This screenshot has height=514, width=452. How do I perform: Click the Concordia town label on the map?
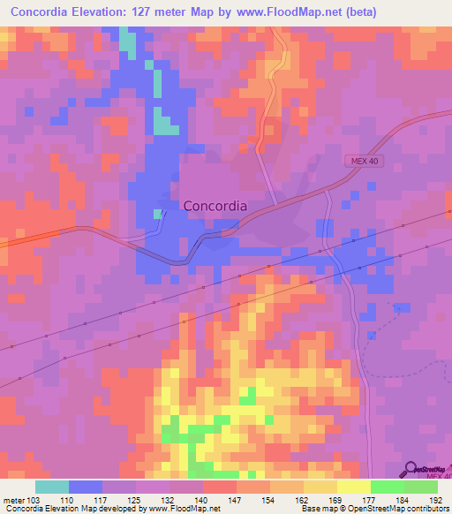pos(215,206)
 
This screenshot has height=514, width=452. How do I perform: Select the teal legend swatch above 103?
pos(52,487)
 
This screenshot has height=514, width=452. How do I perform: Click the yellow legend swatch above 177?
pos(354,487)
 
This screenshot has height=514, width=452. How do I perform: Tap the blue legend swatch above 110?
pos(86,487)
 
